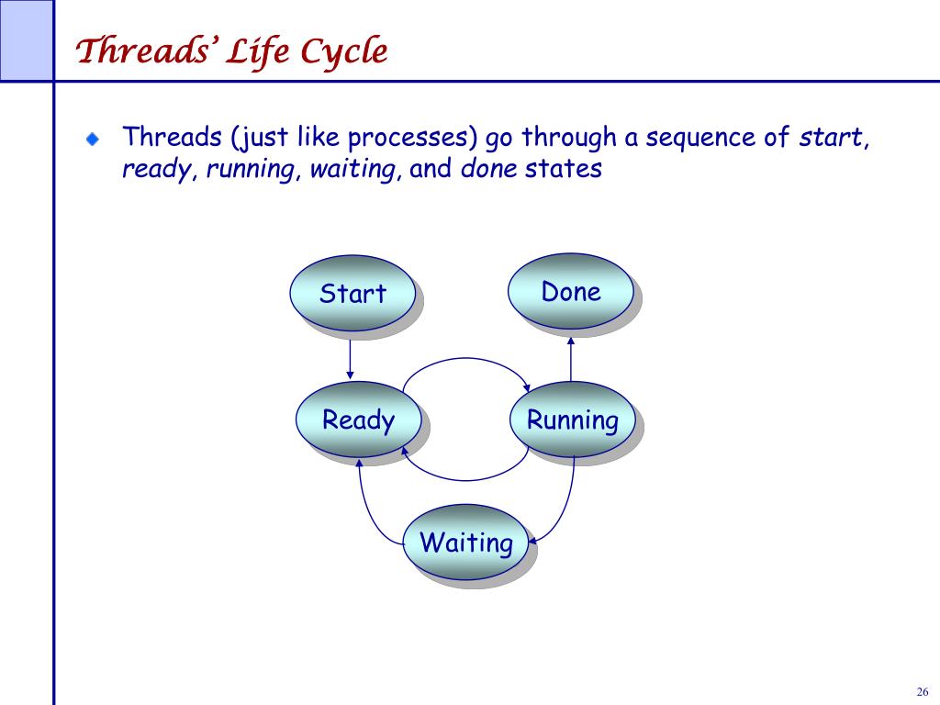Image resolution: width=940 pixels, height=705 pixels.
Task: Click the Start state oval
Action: pos(352,293)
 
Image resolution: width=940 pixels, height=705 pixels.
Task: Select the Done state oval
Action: pos(571,291)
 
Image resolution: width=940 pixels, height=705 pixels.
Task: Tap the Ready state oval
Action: pos(359,419)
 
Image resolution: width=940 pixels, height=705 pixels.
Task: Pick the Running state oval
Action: pos(573,419)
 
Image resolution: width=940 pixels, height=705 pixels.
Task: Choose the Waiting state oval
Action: pos(465,542)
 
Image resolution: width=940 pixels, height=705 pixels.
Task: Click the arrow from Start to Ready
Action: pos(350,360)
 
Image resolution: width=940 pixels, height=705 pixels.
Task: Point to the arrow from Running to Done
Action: pos(571,359)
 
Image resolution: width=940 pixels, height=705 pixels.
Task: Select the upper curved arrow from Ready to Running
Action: pos(465,359)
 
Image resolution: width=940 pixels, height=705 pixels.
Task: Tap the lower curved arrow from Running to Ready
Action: pos(465,480)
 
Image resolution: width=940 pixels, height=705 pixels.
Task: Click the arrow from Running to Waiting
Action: pos(565,507)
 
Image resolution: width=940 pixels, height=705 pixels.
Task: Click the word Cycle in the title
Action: pos(343,51)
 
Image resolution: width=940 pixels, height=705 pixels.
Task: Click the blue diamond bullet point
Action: pos(93,140)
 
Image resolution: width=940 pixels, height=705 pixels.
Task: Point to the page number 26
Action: pos(923,691)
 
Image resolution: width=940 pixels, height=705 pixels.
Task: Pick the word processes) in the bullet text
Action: pos(412,138)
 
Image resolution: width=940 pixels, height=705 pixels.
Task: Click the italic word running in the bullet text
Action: pos(252,169)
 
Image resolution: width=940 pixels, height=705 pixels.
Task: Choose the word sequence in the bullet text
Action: pos(700,139)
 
